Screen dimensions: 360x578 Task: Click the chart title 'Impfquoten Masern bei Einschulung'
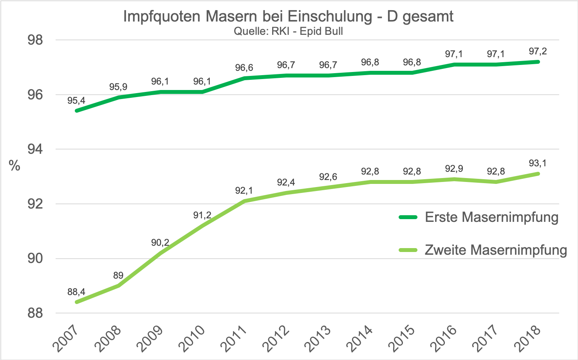[288, 16]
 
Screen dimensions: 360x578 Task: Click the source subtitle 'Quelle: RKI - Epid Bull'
[288, 31]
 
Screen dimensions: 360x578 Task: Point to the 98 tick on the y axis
[35, 40]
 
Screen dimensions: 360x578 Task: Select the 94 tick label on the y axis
[35, 149]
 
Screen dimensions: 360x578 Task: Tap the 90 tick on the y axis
[35, 259]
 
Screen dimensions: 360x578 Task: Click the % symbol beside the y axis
[14, 166]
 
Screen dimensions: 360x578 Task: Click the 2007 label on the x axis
[66, 338]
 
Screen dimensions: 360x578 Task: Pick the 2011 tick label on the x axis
[234, 338]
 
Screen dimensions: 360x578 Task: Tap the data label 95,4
[76, 101]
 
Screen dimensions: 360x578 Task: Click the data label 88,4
[76, 292]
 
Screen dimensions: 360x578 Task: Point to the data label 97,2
[538, 51]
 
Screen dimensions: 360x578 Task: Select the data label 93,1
[538, 163]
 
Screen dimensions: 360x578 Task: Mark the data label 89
[118, 275]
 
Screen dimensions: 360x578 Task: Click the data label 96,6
[244, 68]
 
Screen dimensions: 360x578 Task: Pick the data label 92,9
[454, 169]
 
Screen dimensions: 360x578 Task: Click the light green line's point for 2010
[202, 226]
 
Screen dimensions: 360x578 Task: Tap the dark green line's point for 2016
[454, 65]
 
